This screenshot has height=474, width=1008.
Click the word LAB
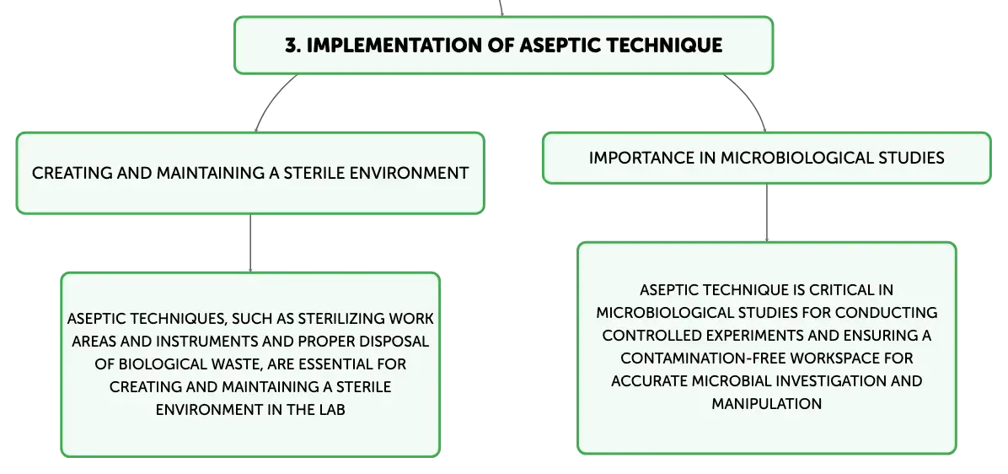coord(332,410)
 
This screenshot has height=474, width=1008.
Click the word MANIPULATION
coord(766,403)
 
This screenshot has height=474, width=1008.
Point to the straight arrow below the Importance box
coord(766,213)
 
